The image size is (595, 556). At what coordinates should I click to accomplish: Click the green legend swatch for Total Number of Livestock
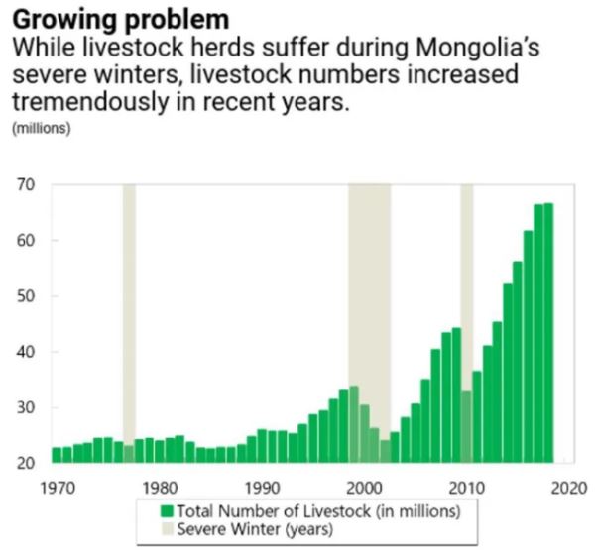coord(167,510)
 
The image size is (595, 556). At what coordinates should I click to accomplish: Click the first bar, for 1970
coord(57,455)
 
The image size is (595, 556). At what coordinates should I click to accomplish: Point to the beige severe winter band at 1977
coord(129,297)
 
